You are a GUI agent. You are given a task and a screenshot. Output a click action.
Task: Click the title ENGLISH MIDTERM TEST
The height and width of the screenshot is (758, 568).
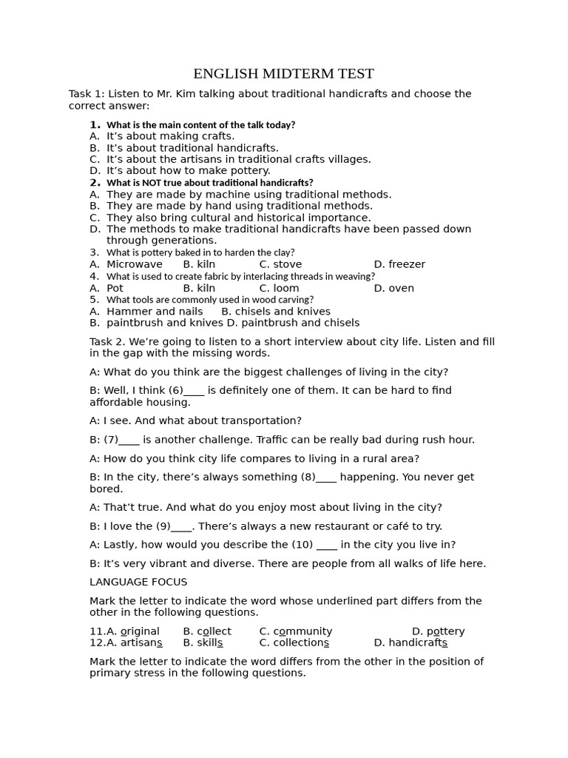point(283,74)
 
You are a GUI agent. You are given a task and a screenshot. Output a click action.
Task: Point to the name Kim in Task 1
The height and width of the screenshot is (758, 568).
point(179,94)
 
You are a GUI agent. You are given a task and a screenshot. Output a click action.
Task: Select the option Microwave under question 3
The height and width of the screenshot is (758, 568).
point(134,264)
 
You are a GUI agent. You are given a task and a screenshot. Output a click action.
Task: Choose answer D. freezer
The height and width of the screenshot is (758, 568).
point(399,264)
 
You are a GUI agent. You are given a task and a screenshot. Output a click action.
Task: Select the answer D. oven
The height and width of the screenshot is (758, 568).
point(393,288)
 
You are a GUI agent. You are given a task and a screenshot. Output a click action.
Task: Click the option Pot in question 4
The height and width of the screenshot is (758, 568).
point(115,288)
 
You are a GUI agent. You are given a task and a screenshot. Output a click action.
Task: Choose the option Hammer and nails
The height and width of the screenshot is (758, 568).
point(154,312)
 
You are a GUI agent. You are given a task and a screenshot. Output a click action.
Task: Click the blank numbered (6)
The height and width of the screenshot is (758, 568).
point(193,391)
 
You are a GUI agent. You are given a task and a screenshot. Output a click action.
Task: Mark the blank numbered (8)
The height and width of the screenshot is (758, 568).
point(325,477)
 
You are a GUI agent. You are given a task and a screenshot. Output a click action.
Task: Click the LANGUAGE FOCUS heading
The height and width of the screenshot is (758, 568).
point(138,583)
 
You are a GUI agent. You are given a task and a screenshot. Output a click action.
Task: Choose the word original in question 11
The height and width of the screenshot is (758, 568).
point(140,631)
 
